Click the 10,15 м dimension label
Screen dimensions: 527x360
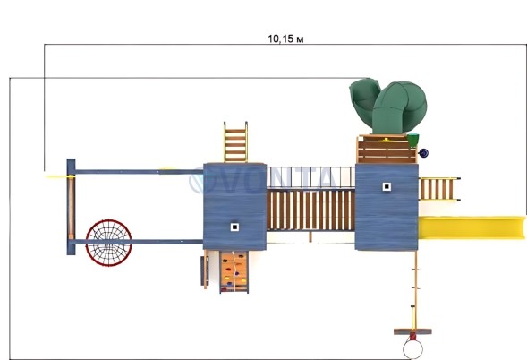tap(285, 39)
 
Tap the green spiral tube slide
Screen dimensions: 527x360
tap(389, 106)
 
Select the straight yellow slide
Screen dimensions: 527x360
tap(472, 227)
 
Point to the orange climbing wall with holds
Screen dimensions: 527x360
tap(234, 272)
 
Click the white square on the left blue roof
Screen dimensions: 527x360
tap(234, 227)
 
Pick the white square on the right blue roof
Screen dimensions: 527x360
tap(387, 187)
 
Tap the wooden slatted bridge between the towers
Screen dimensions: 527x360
tap(310, 210)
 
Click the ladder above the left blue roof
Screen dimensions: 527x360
tap(235, 142)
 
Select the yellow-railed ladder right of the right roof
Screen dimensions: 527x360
tap(439, 189)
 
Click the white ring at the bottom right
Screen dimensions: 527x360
tap(412, 349)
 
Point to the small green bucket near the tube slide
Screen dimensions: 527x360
tap(413, 140)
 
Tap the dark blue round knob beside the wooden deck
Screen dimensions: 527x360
tap(423, 153)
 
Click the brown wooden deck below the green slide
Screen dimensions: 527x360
tap(387, 149)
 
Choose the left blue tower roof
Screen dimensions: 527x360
tap(234, 207)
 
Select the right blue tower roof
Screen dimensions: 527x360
tap(387, 207)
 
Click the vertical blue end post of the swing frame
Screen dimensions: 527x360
tap(71, 207)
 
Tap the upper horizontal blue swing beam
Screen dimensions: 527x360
tap(140, 172)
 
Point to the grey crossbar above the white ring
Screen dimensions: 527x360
tap(412, 331)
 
